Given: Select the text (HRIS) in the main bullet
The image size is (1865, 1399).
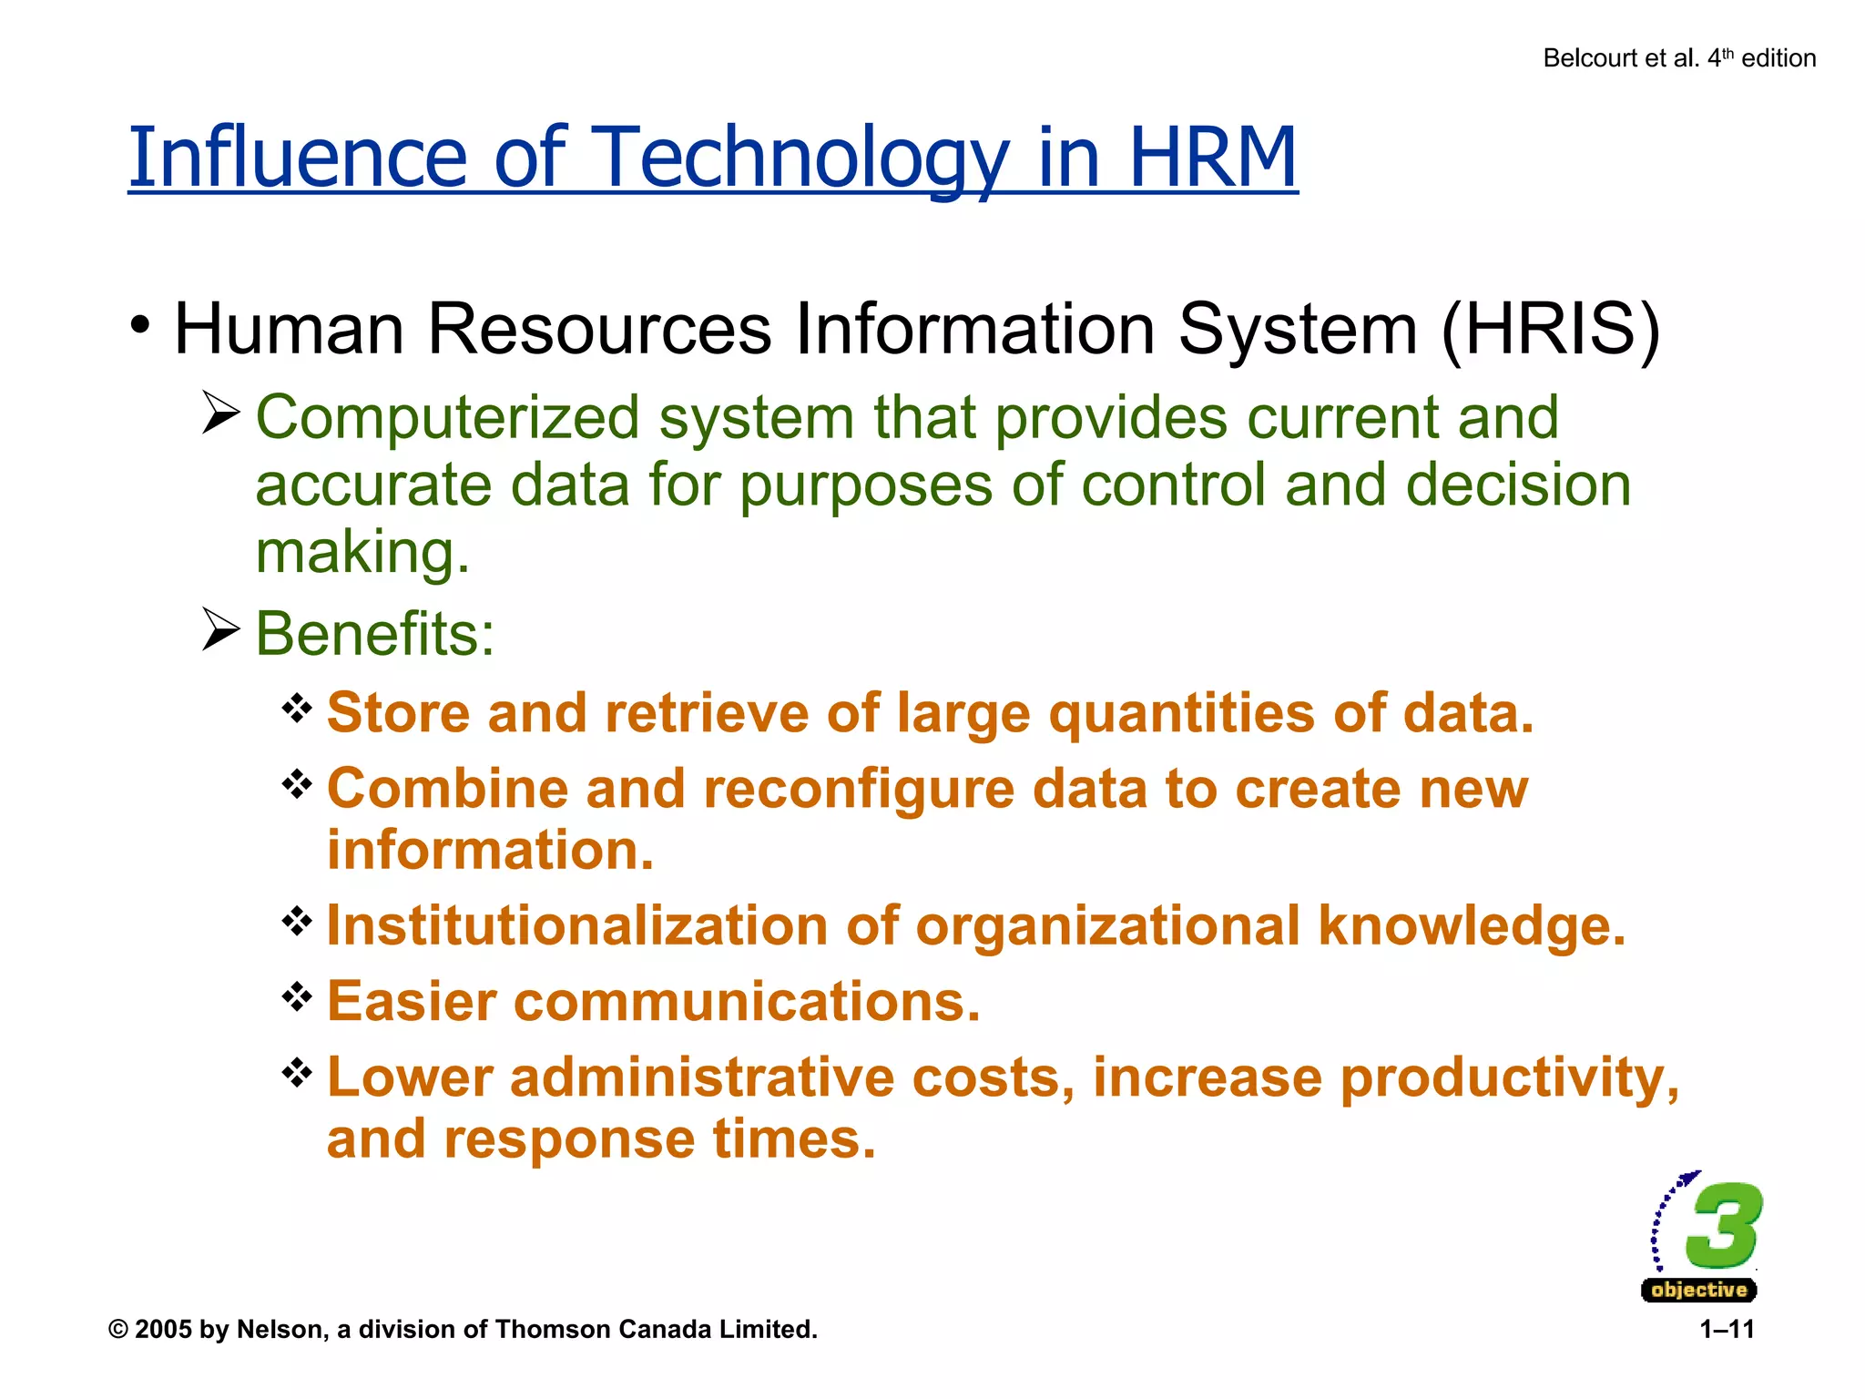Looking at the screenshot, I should [x=1551, y=329].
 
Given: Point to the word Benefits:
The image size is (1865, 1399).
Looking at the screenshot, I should [x=374, y=634].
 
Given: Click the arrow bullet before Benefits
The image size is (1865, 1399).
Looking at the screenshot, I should [x=220, y=630].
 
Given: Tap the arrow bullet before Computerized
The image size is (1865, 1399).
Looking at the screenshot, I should [x=220, y=414].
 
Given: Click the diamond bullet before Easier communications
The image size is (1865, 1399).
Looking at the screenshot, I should [x=297, y=998].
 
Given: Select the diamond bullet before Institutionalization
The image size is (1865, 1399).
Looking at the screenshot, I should [x=297, y=923].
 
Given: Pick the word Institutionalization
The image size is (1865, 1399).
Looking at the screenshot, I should [x=576, y=926].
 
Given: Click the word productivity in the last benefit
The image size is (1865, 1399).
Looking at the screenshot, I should [x=1509, y=1078].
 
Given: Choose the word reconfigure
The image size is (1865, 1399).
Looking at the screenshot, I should [x=859, y=789].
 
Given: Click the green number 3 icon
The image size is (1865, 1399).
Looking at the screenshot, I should [x=1724, y=1226].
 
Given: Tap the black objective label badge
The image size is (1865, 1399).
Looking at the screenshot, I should [x=1698, y=1290].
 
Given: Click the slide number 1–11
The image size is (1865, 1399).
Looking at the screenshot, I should [x=1727, y=1330].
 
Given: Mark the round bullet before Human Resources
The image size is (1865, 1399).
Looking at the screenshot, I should [x=139, y=325].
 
